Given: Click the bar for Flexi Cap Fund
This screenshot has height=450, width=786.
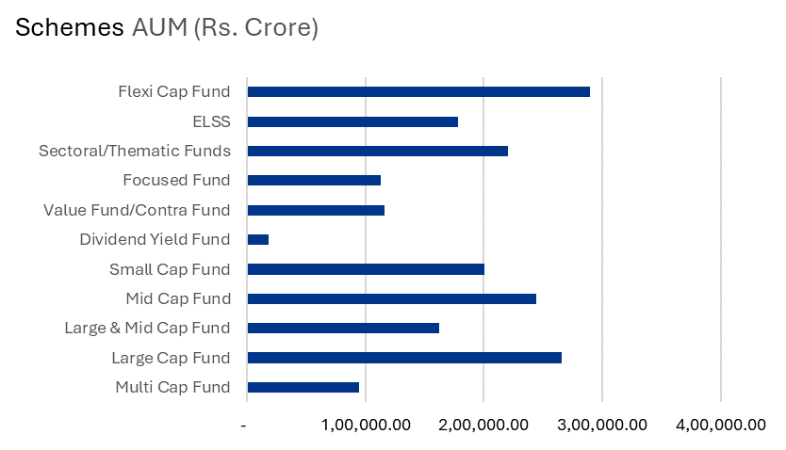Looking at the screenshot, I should [x=418, y=91].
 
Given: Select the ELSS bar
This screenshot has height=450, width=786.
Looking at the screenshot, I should [x=352, y=121].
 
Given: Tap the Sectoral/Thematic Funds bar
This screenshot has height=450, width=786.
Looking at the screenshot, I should [x=377, y=151].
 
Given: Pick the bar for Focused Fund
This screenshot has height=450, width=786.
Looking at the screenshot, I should [x=314, y=180].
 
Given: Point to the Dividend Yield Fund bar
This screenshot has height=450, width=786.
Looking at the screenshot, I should [x=258, y=239].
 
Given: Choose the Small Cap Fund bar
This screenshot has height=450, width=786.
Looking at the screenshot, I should [x=366, y=269].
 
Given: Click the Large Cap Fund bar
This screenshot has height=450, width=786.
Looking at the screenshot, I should [x=404, y=358].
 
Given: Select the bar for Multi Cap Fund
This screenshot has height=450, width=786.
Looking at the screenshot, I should [x=303, y=387].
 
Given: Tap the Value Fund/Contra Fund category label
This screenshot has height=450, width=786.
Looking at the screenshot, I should [x=137, y=210].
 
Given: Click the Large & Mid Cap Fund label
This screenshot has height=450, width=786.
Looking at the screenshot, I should [x=147, y=329].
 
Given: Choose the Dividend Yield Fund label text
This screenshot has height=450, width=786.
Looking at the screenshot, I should [x=156, y=239].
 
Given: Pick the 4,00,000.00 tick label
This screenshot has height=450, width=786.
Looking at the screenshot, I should [x=722, y=425].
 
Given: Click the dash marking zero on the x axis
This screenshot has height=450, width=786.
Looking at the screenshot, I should [x=245, y=425].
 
